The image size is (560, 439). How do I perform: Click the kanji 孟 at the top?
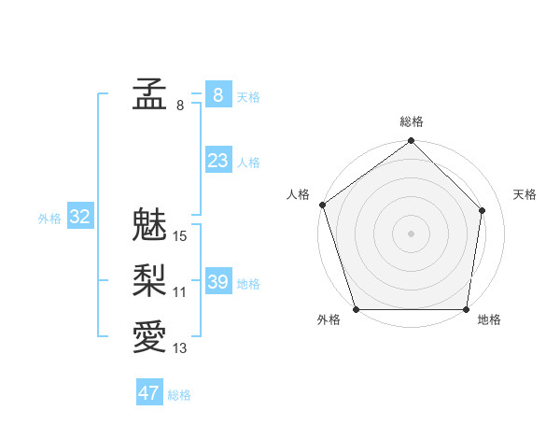149,95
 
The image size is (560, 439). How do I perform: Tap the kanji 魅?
149,225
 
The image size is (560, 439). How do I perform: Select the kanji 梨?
149,281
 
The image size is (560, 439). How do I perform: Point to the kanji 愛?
149,337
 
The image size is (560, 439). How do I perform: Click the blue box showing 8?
217,95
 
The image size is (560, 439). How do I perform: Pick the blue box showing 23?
217,161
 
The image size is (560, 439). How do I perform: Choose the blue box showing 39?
217,282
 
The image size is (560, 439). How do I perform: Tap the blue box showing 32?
80,218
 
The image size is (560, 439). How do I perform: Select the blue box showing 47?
149,393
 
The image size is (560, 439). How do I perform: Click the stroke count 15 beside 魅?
180,236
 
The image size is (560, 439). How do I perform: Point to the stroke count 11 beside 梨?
180,292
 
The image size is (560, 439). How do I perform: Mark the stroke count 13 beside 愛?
180,348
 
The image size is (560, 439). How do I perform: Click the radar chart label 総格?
412,121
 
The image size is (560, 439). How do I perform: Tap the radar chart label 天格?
525,194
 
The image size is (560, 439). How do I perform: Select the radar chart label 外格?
329,320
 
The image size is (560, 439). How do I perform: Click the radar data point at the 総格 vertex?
412,142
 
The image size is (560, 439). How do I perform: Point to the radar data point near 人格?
323,205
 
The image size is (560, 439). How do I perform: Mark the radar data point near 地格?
467,309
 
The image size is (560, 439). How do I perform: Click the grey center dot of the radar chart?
412,233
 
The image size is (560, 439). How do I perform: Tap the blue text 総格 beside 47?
179,395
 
